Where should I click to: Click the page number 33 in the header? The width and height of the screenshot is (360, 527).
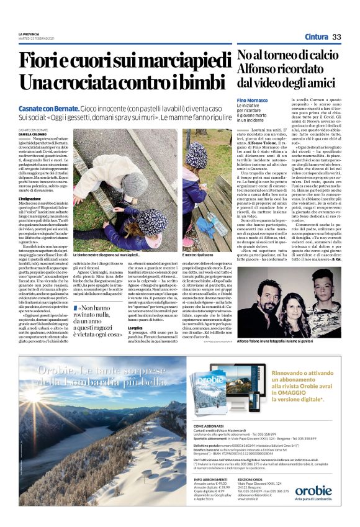tap(336, 37)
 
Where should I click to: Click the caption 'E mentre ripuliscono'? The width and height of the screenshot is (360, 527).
tap(199, 255)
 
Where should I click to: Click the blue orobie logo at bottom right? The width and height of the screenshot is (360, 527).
tap(313, 490)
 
